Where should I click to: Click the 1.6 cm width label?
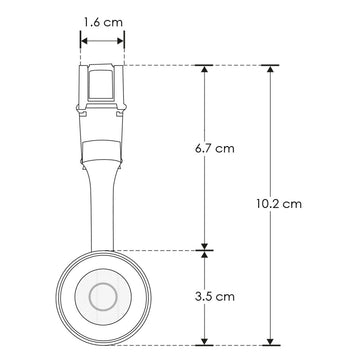point(103,22)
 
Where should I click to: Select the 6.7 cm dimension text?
point(215,148)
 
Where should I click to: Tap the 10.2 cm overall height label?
point(279,204)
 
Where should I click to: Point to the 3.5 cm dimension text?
point(215,296)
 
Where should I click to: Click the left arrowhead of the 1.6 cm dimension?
point(84,41)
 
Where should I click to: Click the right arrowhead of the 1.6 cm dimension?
point(120,41)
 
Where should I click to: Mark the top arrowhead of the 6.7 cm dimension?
point(205,69)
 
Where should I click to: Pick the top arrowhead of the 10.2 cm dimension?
point(270,69)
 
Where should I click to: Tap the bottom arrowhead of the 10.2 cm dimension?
point(270,342)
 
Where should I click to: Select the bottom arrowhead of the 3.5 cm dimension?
point(205,342)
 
